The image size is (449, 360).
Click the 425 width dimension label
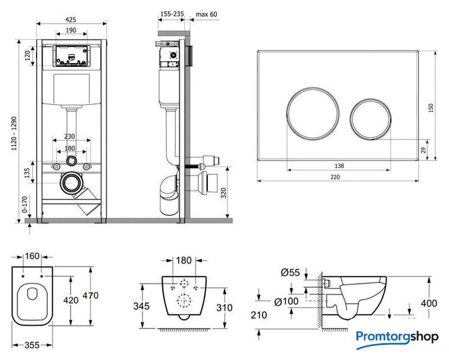[71, 19]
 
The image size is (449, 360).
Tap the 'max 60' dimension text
[206, 15]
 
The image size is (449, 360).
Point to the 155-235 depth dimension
[171, 15]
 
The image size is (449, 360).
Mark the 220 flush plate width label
[336, 176]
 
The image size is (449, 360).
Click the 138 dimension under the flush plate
[338, 166]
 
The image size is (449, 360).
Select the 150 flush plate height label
[432, 107]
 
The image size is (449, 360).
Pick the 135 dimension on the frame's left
[26, 172]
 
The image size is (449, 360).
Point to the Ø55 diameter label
[289, 273]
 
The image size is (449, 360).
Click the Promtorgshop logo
[397, 337]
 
